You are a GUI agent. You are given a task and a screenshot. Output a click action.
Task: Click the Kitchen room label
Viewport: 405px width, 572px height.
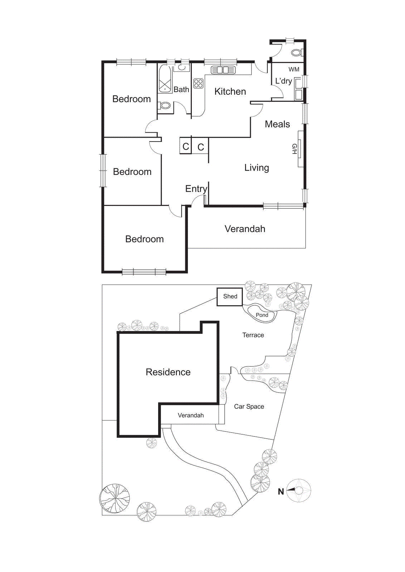pos(230,92)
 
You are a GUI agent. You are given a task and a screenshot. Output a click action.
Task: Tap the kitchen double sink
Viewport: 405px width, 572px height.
pos(223,70)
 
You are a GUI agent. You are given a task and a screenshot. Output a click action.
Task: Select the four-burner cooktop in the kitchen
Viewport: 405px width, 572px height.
pos(199,84)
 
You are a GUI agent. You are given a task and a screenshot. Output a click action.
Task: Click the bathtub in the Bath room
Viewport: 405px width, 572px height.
pos(165,79)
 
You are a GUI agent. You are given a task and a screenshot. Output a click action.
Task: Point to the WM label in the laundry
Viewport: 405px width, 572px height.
pos(294,69)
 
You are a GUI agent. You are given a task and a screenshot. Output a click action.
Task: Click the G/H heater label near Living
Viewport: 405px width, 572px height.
pos(294,149)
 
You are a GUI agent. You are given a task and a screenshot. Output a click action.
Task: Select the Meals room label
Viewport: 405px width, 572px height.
pos(277,124)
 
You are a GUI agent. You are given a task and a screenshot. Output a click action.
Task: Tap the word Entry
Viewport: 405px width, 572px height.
pos(196,189)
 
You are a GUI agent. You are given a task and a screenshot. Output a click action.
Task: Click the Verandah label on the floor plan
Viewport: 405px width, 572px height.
pos(245,229)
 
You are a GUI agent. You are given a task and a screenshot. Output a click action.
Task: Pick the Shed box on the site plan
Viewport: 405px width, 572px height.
pos(230,296)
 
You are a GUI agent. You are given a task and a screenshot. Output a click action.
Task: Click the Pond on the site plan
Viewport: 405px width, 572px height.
pos(262,314)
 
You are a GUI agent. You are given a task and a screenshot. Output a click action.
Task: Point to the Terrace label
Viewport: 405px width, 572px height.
pos(253,335)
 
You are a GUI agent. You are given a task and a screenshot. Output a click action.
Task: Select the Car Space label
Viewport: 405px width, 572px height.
pos(249,406)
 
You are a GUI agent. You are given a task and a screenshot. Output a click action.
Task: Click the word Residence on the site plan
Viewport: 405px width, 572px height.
pos(168,372)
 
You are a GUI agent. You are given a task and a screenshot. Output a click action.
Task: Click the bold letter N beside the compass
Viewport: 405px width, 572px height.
pos(281,492)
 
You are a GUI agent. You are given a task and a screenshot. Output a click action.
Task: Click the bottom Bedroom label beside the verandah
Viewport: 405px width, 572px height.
pos(144,239)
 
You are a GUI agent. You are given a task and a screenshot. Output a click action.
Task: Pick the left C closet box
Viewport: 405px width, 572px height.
pos(185,146)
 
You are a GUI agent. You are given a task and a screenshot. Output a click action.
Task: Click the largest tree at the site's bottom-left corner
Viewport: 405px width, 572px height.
pos(114,499)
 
